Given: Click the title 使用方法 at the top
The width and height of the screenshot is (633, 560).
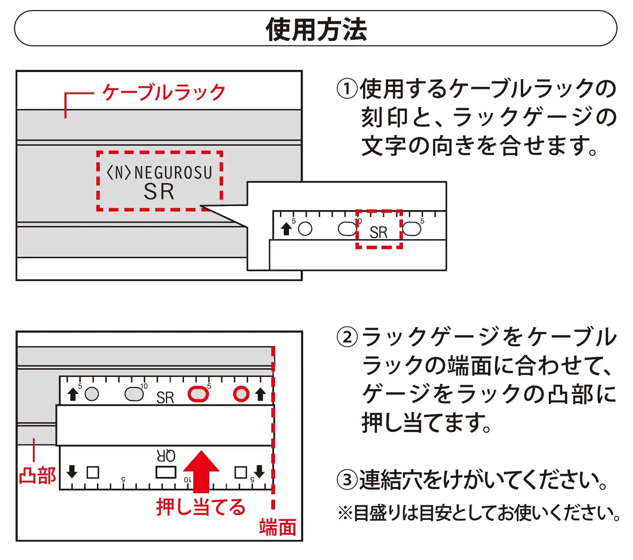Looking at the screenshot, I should point(316,29).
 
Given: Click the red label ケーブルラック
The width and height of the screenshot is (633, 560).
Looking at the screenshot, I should point(164,92).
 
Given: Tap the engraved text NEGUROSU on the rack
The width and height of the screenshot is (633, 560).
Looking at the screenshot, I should point(173,172).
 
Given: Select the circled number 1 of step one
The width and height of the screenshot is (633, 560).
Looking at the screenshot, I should point(347,89).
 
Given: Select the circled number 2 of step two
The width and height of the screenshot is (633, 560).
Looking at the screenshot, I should point(347,338).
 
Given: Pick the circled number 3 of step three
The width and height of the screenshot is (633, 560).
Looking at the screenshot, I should point(347,479).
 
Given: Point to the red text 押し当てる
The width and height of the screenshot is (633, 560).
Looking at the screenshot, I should point(201,507).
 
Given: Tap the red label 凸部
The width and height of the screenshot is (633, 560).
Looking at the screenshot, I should point(37,475).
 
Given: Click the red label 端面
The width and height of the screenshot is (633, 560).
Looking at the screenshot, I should point(277,527).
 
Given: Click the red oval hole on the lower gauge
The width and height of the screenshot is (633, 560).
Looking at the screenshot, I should point(198,394).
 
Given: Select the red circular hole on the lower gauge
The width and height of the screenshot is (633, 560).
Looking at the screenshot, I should point(241,394).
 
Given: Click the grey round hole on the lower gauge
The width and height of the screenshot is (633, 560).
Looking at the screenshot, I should point(92,394).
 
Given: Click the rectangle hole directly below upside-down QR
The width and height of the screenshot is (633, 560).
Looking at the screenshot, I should point(166,472).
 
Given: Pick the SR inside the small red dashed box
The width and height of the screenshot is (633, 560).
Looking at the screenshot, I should point(378,232).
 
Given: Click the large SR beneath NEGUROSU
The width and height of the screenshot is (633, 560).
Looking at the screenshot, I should point(159,192).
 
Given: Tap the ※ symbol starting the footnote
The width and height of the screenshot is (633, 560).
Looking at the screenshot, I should point(345,513).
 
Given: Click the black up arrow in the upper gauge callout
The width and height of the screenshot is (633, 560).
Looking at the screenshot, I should point(286,229).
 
